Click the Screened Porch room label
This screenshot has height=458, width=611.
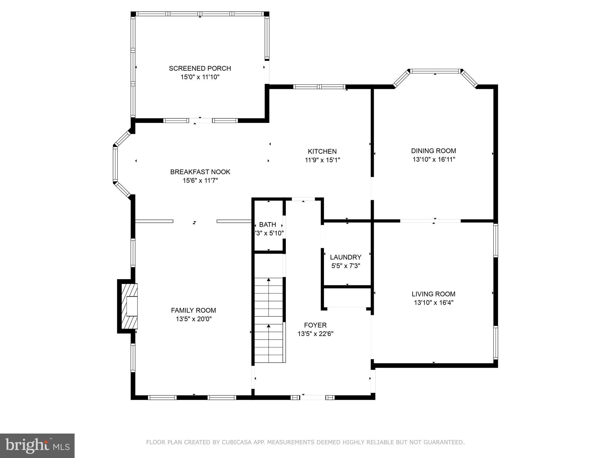(200, 68)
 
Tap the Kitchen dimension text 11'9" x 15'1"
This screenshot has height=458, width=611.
(322, 160)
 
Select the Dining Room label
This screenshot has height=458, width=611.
(433, 151)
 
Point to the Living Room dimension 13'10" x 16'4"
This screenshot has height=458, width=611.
(433, 303)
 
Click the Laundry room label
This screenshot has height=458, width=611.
(345, 257)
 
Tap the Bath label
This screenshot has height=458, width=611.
(268, 225)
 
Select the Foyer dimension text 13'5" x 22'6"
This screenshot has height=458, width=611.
(315, 334)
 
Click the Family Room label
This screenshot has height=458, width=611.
(193, 310)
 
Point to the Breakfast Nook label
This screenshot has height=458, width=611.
(200, 172)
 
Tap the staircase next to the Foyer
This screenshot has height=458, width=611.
(269, 320)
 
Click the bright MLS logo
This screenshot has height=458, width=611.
(37, 445)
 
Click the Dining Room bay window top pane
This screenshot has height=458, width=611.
(435, 71)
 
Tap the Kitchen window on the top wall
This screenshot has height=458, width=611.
(319, 87)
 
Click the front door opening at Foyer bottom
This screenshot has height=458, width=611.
(313, 397)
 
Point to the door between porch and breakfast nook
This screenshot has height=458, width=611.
(200, 120)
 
